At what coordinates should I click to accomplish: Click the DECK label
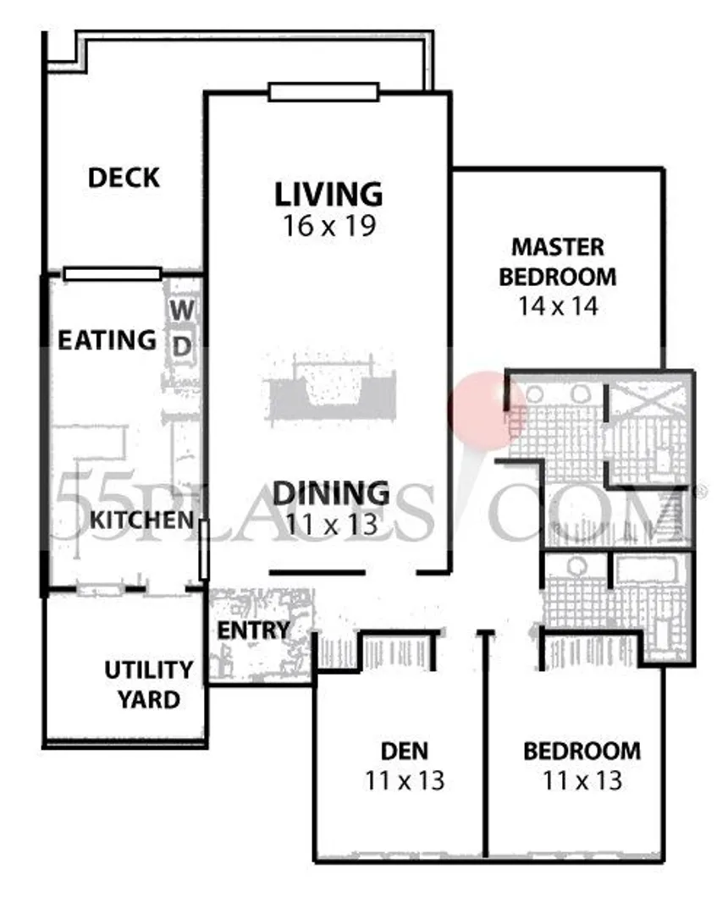pos(124,179)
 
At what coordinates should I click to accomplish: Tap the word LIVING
pos(328,194)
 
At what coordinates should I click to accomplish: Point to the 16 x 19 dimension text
pos(328,225)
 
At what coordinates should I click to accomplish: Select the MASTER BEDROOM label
pos(558,261)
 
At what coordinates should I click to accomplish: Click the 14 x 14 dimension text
pos(558,305)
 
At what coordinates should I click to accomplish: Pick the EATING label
pos(107,340)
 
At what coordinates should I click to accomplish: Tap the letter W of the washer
pos(182,311)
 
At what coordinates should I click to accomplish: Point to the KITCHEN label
pos(142,520)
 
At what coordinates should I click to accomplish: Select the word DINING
pos(331,493)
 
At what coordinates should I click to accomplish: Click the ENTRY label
pos(254,630)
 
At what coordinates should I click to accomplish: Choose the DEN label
pos(405,751)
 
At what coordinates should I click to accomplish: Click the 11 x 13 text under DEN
pos(405,780)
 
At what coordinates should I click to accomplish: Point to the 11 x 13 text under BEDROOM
pos(582,780)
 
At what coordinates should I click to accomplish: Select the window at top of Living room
pos(323,91)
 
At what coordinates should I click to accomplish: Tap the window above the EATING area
pos(113,274)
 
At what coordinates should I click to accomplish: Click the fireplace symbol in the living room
pos(331,390)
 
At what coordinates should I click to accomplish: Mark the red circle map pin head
pos(487,406)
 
